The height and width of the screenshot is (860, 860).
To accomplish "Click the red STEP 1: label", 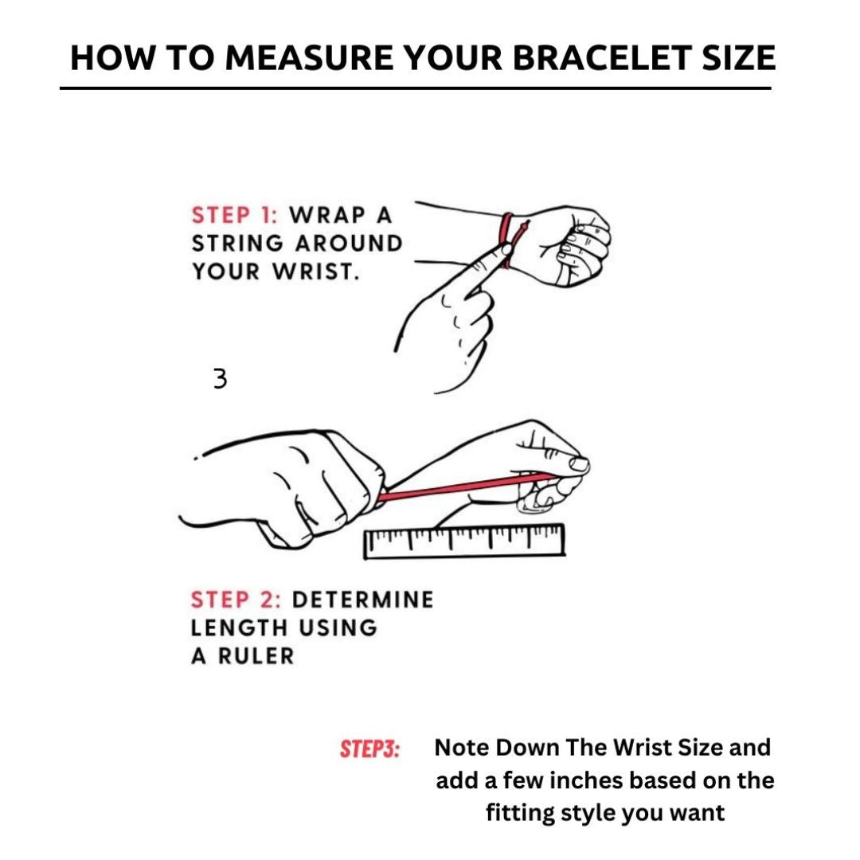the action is (x=235, y=215).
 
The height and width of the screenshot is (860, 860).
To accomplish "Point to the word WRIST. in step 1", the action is (x=316, y=272).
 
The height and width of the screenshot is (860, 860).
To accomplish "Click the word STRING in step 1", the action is (x=237, y=244).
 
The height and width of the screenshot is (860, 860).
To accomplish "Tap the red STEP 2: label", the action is (x=236, y=600).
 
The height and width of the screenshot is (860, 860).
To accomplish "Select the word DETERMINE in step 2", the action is (x=363, y=600).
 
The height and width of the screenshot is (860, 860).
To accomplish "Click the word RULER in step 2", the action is (x=256, y=656).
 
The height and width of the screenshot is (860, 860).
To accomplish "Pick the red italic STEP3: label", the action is (x=370, y=749).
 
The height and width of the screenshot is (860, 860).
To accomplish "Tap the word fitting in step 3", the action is (x=521, y=813).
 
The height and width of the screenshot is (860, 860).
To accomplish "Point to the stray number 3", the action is (x=220, y=378).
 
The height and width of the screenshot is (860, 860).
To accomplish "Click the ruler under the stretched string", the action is (x=464, y=541).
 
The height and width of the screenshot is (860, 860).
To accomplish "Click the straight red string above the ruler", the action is (x=466, y=487).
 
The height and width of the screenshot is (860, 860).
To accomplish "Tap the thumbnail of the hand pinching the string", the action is (x=579, y=464).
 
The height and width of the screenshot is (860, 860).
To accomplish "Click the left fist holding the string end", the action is (x=285, y=488).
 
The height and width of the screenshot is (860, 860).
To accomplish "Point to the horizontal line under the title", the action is (x=416, y=88).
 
